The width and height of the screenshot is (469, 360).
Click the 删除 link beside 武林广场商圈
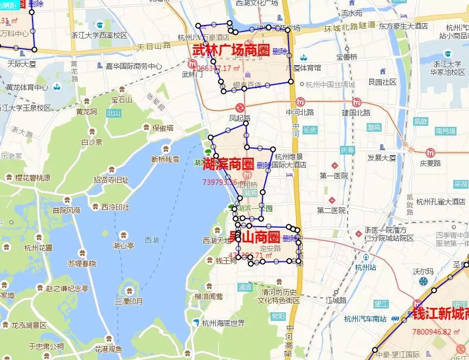pyautogui.click(x=280, y=52)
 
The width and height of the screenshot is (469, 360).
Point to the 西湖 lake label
pyautogui.click(x=152, y=240)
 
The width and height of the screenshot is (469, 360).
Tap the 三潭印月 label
pyautogui.click(x=129, y=301)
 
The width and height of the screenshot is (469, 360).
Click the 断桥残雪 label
pyautogui.click(x=165, y=159)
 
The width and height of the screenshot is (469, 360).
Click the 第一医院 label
pyautogui.click(x=333, y=176)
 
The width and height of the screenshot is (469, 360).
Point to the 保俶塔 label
pyautogui.click(x=162, y=128)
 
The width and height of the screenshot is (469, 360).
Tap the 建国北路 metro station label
pyautogui.click(x=356, y=112)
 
